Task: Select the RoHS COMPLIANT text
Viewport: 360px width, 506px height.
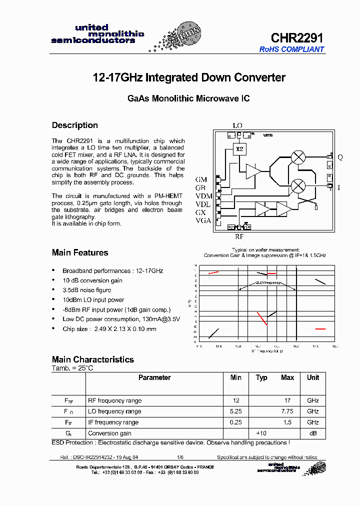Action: coord(291,49)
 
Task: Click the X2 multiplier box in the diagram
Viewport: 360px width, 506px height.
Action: coord(239,149)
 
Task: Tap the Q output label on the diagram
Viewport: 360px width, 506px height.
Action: coord(340,157)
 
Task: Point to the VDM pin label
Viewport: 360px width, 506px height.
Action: coord(203,195)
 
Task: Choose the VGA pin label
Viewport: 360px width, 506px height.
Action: coord(203,220)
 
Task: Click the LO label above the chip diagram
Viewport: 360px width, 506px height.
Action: coord(237,125)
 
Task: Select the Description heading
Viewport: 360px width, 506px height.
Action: coord(75,125)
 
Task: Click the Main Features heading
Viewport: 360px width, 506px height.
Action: coord(80,252)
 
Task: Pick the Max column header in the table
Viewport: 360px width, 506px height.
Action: coord(287,377)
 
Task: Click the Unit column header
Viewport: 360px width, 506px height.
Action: coord(313,377)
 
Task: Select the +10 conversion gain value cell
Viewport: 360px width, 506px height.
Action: coord(261,433)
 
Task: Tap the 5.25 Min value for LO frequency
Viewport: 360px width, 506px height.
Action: coord(236,411)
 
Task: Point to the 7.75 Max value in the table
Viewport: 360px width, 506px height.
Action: coord(287,411)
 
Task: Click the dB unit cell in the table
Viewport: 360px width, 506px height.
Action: coord(313,433)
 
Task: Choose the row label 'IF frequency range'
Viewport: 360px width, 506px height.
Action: coord(113,422)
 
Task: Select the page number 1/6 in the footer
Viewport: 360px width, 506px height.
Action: coord(180,457)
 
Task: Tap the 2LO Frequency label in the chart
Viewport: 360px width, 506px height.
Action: coord(268,282)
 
